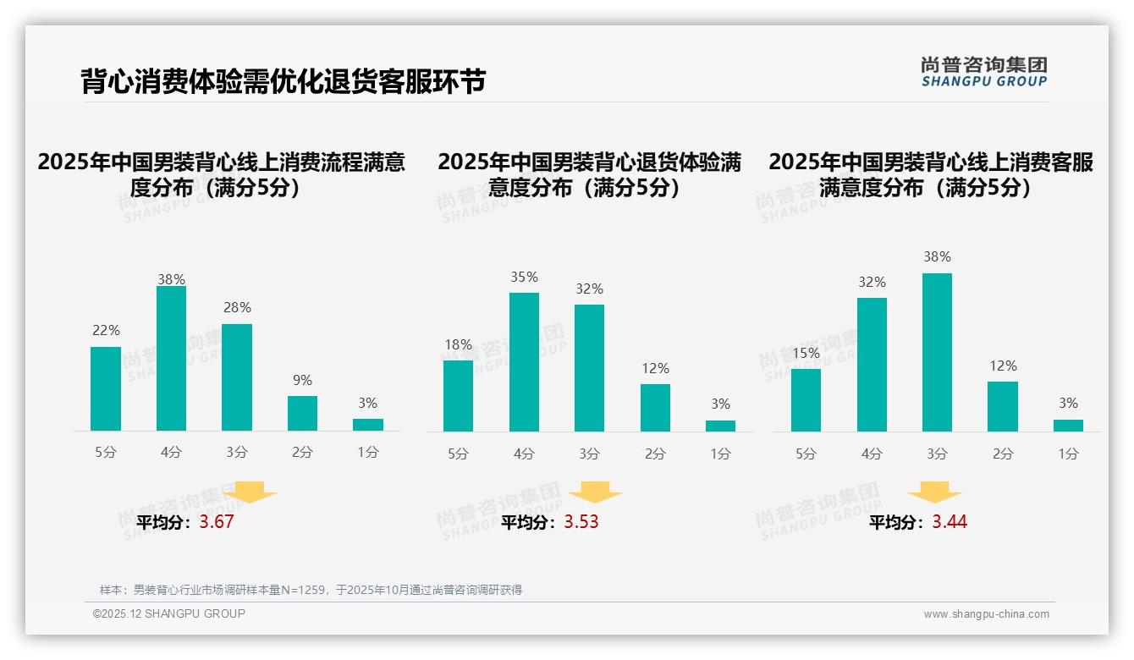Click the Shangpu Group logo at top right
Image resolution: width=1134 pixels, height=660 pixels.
point(983,72)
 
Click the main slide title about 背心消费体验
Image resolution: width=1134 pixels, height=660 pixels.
point(283,81)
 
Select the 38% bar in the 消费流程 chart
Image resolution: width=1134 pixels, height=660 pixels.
point(171,359)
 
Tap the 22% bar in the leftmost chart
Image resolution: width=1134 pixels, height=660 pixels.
point(106,388)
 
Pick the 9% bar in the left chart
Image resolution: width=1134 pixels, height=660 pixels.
point(302,413)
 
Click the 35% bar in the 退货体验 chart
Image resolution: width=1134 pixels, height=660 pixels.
point(524,362)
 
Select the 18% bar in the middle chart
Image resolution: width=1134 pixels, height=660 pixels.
point(458,396)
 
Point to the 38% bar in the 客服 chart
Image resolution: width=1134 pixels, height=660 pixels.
point(937,352)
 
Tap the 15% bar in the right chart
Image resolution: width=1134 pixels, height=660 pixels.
point(806,400)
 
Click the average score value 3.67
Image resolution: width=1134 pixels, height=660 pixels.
point(217,522)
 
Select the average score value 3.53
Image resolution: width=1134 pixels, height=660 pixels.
point(581,522)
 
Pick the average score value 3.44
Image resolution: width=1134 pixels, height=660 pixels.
point(950,522)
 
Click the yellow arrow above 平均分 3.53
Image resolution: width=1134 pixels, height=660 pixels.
point(596,492)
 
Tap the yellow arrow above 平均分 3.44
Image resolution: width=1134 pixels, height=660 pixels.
point(934,492)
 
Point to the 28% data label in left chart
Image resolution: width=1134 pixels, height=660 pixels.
point(237,308)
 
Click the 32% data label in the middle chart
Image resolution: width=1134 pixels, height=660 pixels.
point(589,289)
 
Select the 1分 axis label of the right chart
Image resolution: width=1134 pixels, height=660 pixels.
point(1068,454)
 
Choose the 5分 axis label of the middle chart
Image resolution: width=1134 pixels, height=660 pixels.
point(458,454)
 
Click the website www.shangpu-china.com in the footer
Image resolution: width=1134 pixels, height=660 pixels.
point(986,614)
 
